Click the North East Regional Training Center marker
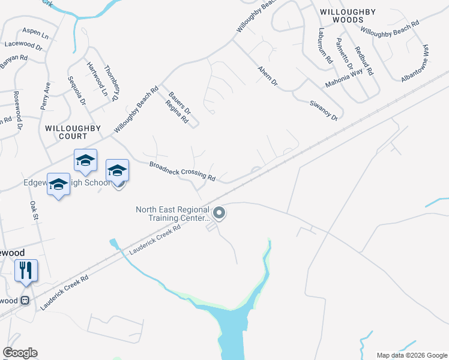[219, 213]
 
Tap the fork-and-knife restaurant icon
[26, 270]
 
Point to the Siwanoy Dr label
[324, 110]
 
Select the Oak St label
[34, 211]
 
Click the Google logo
[20, 353]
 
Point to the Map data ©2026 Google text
[411, 355]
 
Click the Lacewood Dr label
[23, 44]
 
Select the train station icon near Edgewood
[26, 301]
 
